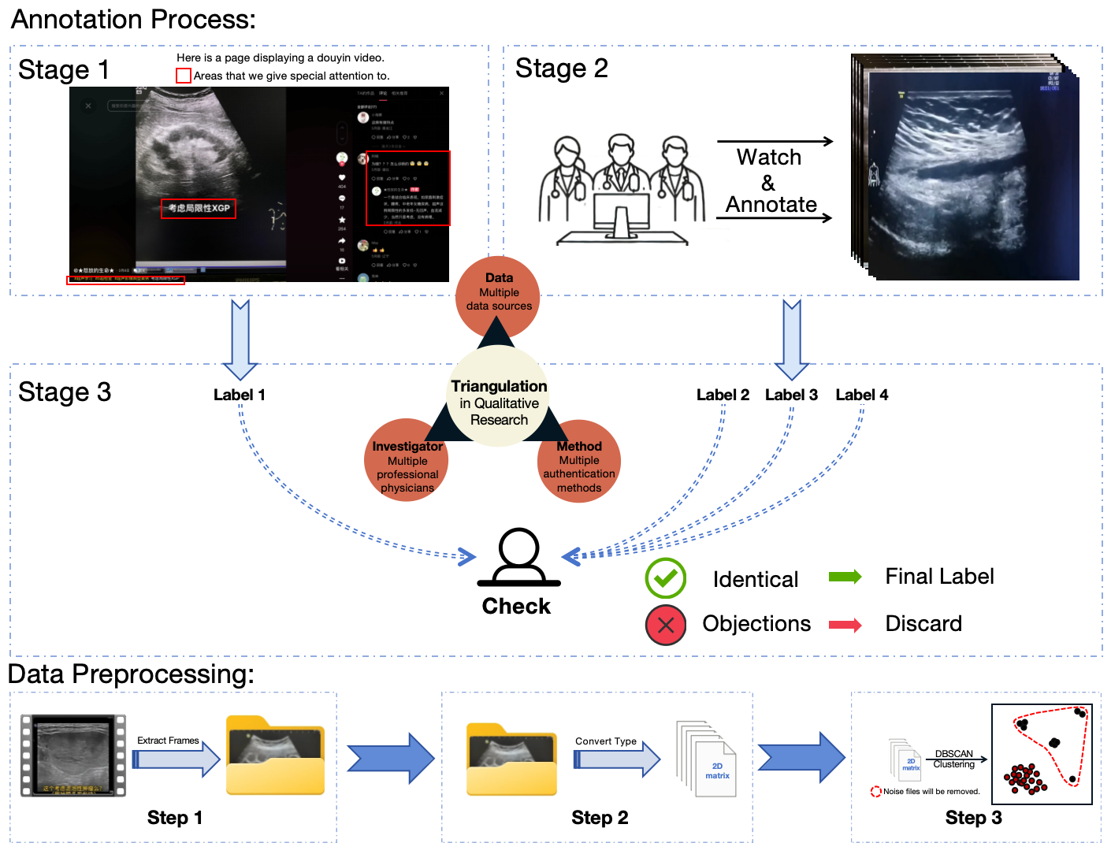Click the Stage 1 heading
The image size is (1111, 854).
coord(63,70)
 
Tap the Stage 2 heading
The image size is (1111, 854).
coord(561,69)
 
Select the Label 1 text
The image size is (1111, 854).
coord(239,395)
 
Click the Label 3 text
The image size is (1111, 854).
coord(791,395)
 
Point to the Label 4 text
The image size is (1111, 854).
coord(861,395)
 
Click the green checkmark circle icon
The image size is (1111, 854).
coord(666,578)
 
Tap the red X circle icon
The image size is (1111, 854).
coord(666,625)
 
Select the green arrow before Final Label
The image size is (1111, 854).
coord(845,577)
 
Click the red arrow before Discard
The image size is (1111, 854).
coord(845,625)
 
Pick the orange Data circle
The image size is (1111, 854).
coord(498,295)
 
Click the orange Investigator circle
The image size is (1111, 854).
coord(407,461)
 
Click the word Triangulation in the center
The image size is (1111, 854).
coord(499,386)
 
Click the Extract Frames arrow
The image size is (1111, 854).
coord(176,759)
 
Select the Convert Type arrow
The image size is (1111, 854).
coord(617,759)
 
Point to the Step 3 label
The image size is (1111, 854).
coord(973,818)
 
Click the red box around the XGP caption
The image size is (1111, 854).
coord(199,208)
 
